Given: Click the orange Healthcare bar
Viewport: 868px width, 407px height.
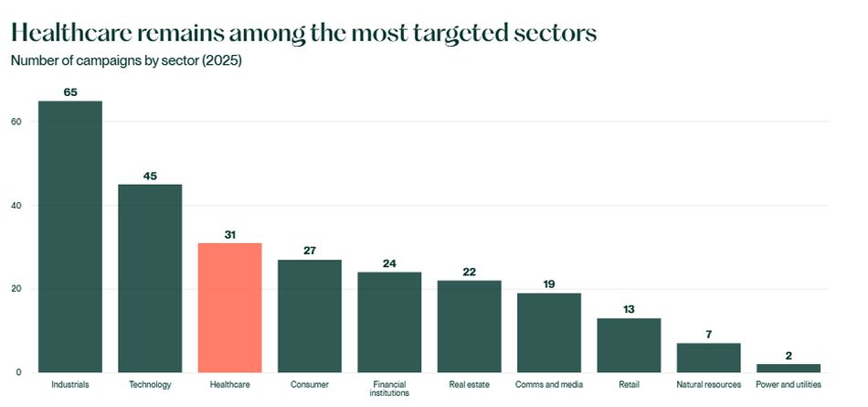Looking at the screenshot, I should [x=229, y=307].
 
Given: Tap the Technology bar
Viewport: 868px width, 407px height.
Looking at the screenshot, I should [x=150, y=278].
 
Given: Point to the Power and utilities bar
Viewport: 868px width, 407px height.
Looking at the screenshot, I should [x=789, y=368].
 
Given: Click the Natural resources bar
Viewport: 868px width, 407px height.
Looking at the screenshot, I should [x=708, y=358].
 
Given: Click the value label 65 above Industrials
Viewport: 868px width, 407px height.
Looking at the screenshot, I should [x=69, y=92].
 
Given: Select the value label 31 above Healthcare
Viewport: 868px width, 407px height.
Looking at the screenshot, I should [x=229, y=235].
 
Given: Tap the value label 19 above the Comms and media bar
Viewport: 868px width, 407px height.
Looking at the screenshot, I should [x=549, y=284].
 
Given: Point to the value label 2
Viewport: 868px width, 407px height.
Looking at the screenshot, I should [x=789, y=356].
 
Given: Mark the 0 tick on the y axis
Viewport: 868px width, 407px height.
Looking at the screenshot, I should [x=18, y=372].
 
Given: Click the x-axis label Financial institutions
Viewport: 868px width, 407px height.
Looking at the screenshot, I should [x=389, y=389].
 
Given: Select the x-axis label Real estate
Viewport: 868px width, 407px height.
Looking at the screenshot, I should [x=469, y=385].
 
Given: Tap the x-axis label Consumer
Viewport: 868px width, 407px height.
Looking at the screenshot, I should [x=309, y=385].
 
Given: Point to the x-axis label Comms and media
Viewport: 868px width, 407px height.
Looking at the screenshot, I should [x=549, y=385].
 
